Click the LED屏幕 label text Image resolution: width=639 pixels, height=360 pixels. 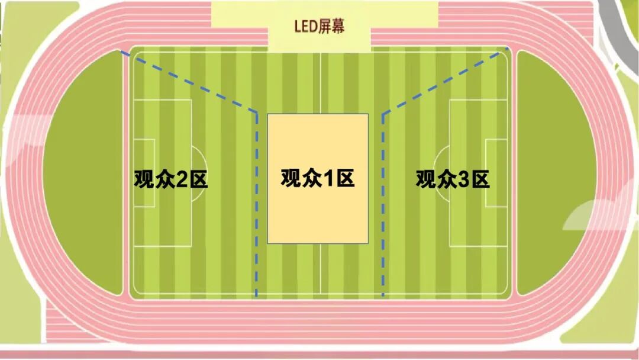(319, 26)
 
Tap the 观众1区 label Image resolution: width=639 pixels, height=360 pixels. (318, 178)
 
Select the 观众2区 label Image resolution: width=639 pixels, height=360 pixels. (171, 179)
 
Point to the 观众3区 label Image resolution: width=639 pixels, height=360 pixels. (453, 179)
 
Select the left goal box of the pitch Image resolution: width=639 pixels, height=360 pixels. (144, 173)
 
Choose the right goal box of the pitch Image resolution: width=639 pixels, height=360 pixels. (496, 173)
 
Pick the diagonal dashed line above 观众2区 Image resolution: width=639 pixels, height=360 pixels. (189, 81)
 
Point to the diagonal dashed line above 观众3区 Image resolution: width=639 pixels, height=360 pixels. (445, 81)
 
